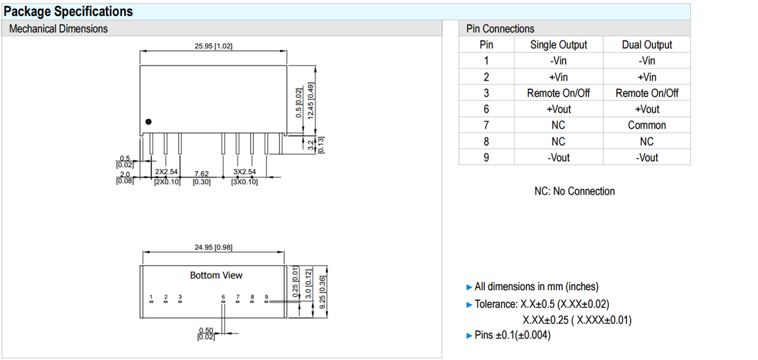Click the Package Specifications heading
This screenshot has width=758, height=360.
(69, 11)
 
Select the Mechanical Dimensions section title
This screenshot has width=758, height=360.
(59, 28)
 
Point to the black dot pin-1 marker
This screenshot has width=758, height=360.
(149, 121)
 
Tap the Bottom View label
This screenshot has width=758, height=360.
(216, 275)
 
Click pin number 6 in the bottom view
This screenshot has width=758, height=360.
(223, 297)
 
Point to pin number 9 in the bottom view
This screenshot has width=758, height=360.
(266, 297)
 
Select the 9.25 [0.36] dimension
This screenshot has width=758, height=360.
(323, 291)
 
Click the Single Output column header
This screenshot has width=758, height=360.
(558, 44)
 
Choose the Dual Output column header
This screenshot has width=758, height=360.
(647, 44)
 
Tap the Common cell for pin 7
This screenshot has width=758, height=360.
(647, 125)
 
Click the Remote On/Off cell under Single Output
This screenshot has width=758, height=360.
(558, 93)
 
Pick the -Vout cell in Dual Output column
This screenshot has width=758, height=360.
(647, 157)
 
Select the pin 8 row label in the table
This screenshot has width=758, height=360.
(486, 142)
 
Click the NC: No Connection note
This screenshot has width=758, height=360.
(574, 191)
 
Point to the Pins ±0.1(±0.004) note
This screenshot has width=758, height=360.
(512, 335)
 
